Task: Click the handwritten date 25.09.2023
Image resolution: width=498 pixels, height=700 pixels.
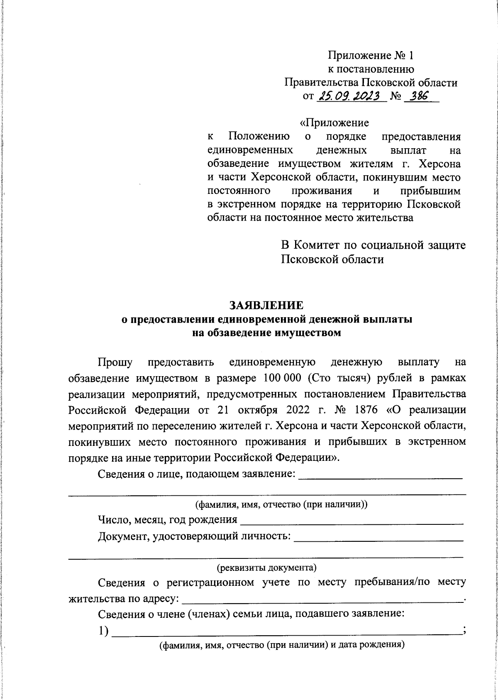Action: point(351,97)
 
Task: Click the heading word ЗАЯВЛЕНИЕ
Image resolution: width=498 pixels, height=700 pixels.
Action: point(266,305)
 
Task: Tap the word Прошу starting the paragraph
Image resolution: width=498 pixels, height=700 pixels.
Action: point(115,362)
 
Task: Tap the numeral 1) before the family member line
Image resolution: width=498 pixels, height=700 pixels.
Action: point(103,631)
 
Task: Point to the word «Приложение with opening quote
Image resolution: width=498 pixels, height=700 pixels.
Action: point(334,123)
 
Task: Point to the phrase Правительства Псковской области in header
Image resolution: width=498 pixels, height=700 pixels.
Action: point(371,83)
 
